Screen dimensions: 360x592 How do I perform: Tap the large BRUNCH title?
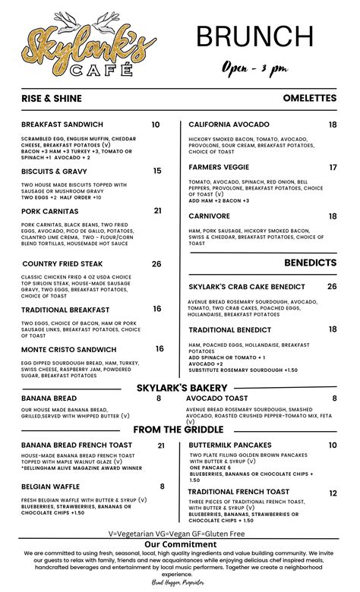pos(254,36)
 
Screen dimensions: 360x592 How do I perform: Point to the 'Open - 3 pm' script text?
pos(254,68)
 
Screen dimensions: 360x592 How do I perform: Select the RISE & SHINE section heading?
pos(51,99)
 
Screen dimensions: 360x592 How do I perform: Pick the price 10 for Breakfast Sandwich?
pos(156,124)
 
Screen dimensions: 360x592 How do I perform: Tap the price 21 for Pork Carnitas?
pos(158,211)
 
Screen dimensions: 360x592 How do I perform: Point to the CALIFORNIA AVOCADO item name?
pos(229,124)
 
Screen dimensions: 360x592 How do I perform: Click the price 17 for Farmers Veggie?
pos(333,167)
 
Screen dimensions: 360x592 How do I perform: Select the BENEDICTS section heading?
pos(310,263)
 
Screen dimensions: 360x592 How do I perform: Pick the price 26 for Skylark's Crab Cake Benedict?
pos(332,286)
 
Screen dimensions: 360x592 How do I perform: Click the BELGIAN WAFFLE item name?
pos(52,487)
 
